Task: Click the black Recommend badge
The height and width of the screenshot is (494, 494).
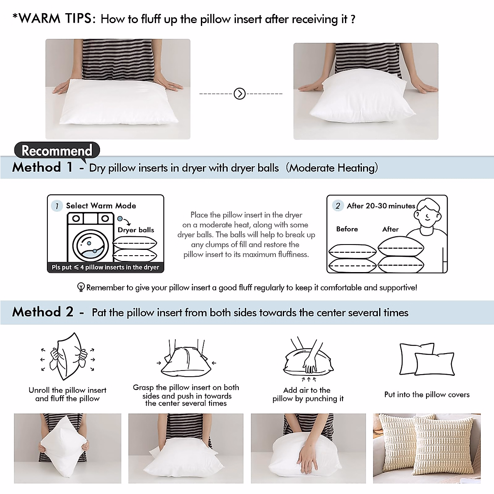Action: (x=57, y=150)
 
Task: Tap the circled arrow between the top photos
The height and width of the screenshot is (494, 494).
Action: (x=240, y=94)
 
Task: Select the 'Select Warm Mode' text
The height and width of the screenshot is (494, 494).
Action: (x=101, y=205)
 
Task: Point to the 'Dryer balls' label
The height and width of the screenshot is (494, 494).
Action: (x=136, y=230)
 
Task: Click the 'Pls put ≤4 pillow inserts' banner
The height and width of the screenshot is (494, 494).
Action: (x=105, y=267)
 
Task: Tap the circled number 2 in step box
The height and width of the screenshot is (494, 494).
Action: (x=338, y=205)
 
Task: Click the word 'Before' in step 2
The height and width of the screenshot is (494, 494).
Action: (x=347, y=229)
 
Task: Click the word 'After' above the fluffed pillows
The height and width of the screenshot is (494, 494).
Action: (x=390, y=229)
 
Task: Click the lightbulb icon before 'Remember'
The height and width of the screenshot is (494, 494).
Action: (x=81, y=287)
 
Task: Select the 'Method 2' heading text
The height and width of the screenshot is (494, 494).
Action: (x=43, y=312)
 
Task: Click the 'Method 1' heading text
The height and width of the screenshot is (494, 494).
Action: (x=43, y=167)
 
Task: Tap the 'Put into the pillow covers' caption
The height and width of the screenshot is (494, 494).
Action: (x=427, y=394)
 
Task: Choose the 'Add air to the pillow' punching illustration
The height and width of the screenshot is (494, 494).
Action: (x=308, y=358)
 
